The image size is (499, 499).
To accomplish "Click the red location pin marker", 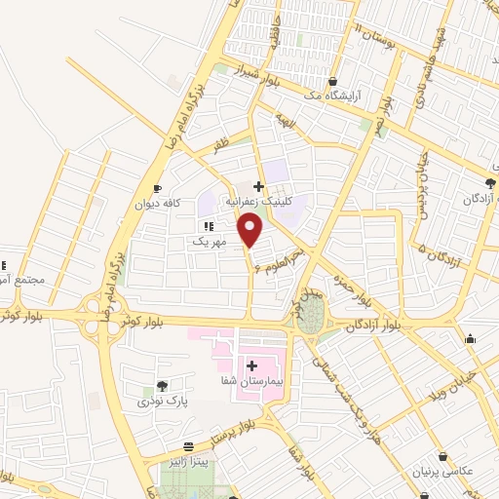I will pos(251,231).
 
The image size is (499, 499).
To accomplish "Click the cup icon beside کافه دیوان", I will pos(157,189).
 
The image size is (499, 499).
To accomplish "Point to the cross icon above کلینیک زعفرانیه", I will pos(258,186).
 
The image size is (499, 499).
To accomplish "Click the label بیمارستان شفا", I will pos(252,382).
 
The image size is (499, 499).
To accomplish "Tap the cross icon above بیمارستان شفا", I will pos(251,366).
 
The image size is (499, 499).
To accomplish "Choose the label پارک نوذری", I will pos(161,401).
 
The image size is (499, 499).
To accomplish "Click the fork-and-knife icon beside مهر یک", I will pos(208,225).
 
